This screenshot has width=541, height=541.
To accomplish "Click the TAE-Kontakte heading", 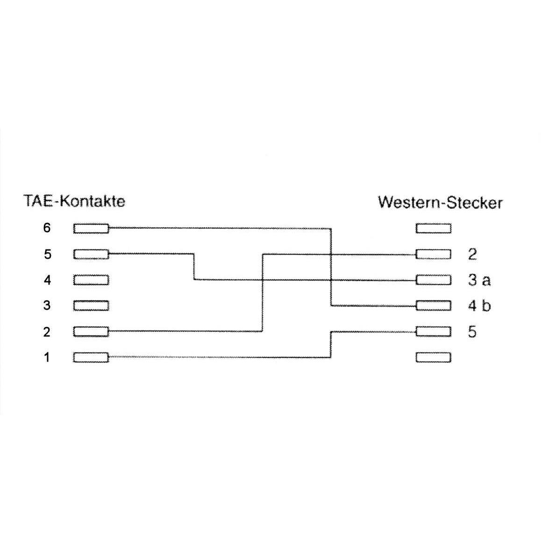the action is click(74, 201).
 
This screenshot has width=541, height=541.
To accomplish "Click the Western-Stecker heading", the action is click(440, 202).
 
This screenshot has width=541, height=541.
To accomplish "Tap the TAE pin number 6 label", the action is click(47, 228).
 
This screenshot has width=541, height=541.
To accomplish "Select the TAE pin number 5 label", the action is click(48, 254).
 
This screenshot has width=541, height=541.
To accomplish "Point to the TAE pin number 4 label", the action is click(47, 280).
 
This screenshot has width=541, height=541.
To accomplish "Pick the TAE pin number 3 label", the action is click(47, 306).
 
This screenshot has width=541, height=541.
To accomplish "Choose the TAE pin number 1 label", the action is click(47, 357).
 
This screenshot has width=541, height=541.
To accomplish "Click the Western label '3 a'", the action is click(479, 280).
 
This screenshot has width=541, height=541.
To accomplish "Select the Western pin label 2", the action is click(472, 254).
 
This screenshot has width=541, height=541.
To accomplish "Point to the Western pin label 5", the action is click(472, 332).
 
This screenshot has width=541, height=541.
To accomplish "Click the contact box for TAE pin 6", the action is click(91, 228).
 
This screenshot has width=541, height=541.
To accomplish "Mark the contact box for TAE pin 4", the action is click(91, 280).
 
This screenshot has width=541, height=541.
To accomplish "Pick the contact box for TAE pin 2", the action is click(91, 332).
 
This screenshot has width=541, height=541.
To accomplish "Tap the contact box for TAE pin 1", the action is click(91, 357).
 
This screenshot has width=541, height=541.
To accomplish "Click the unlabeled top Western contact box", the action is click(434, 228).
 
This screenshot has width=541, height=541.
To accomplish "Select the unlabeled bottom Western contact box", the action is click(434, 357).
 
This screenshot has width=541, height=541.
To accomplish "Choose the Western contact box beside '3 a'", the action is click(434, 280).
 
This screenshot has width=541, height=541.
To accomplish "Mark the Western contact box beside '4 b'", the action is click(434, 306).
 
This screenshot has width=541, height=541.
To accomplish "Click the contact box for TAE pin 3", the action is click(91, 306).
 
